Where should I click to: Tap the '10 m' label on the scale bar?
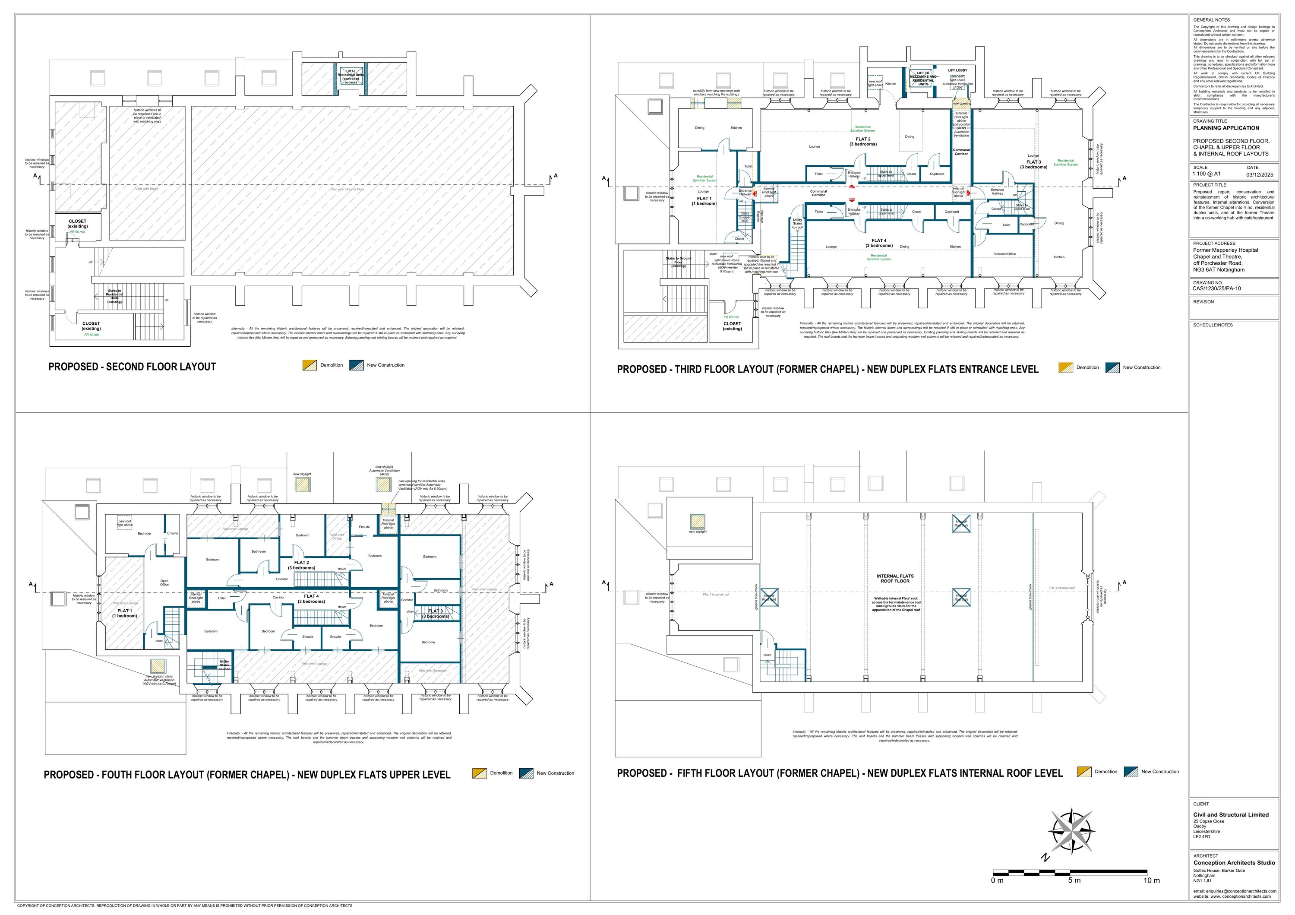(x=1151, y=880)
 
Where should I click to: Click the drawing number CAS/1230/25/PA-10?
(x=1216, y=288)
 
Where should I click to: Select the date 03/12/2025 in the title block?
(x=1260, y=174)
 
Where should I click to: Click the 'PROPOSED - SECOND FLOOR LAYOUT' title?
(x=132, y=367)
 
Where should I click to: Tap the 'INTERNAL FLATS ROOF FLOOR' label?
(x=895, y=578)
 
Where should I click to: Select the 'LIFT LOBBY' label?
(x=957, y=70)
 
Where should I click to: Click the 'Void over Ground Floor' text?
(x=347, y=190)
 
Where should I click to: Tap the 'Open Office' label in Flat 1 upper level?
(x=164, y=583)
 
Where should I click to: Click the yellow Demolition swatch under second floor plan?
(x=310, y=365)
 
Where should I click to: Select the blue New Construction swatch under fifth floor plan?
(x=1131, y=772)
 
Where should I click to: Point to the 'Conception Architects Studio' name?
(x=1234, y=863)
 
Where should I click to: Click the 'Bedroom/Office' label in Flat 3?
(x=1004, y=254)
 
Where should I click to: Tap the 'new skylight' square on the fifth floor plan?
(x=698, y=521)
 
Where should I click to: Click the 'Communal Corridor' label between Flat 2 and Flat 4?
(x=818, y=193)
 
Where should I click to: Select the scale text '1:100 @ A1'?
(x=1207, y=174)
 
